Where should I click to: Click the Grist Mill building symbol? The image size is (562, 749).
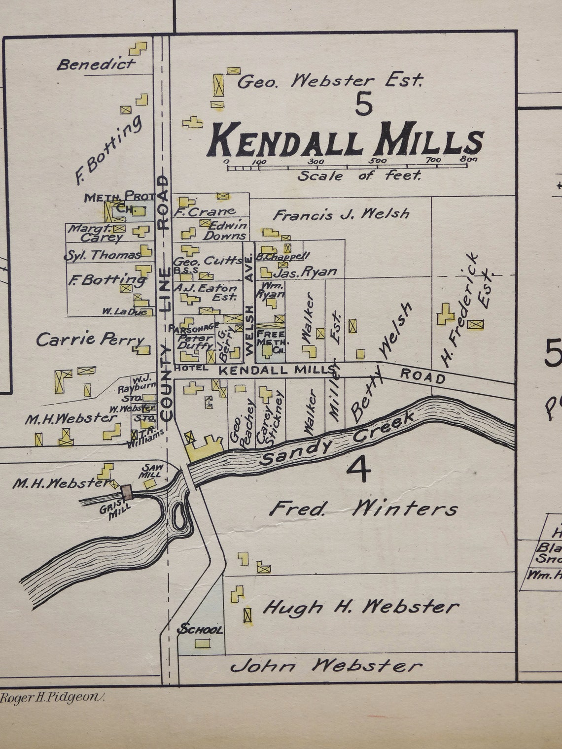click(x=126, y=491)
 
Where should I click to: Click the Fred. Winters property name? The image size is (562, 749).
click(x=363, y=509)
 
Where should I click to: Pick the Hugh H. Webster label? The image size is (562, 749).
click(x=361, y=607)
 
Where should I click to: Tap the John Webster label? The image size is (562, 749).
click(x=326, y=666)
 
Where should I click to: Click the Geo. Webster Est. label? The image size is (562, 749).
click(x=330, y=80)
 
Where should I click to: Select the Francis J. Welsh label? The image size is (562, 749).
click(x=341, y=214)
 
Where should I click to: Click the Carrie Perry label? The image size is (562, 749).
click(x=90, y=339)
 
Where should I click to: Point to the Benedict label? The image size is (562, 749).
click(x=96, y=64)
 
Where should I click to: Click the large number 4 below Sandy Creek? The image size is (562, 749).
click(x=358, y=469)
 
